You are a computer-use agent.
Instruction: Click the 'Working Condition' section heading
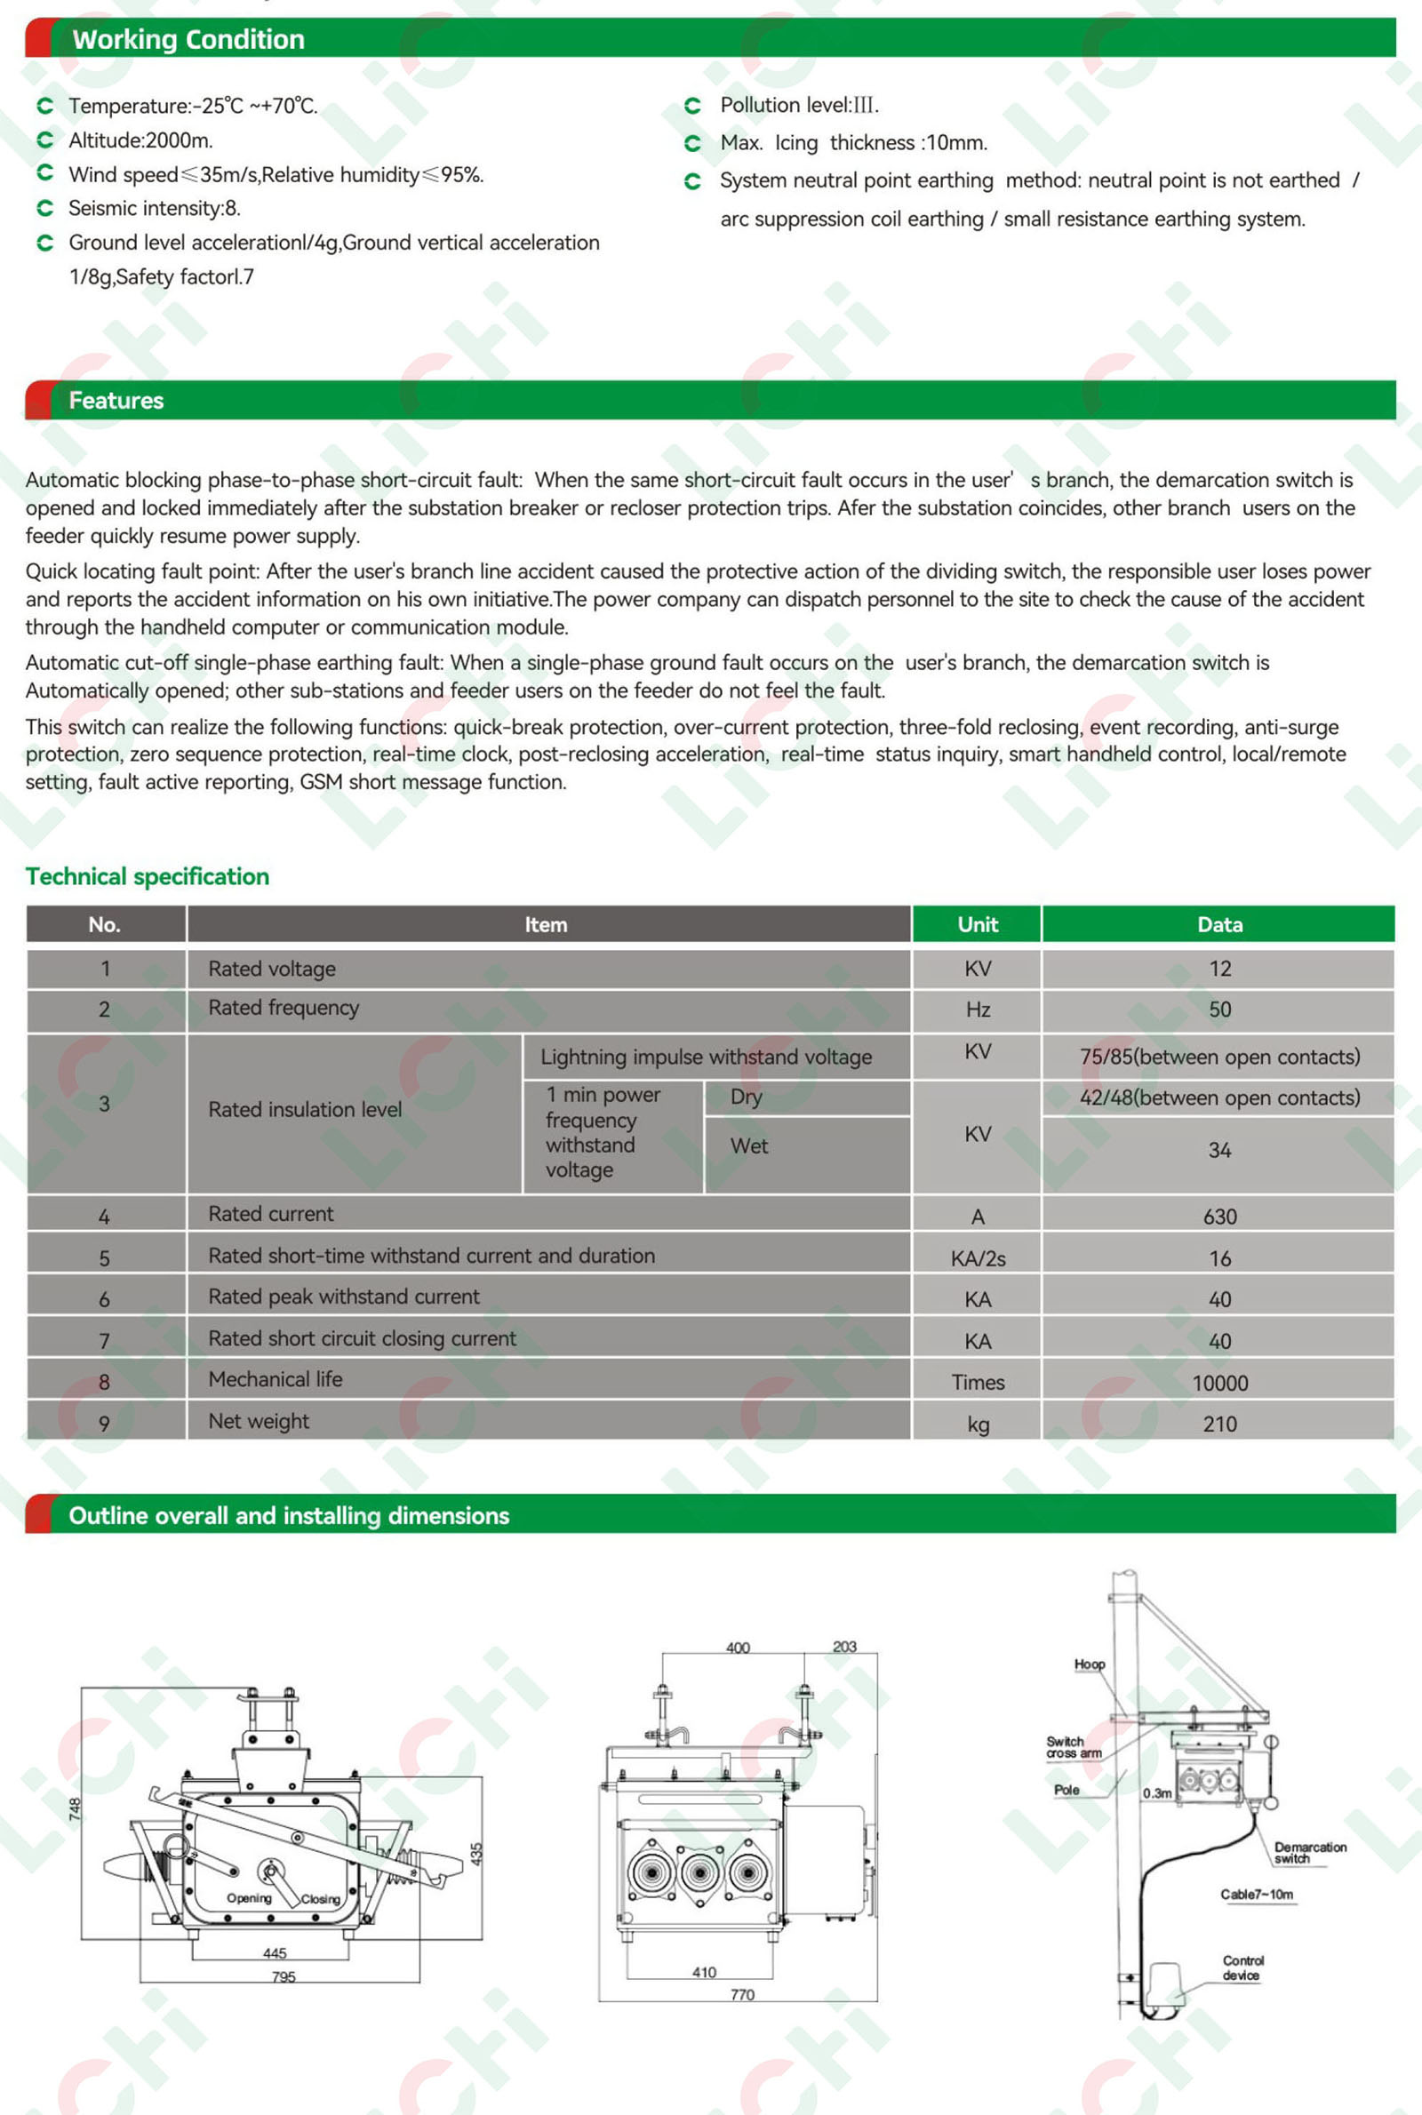(188, 39)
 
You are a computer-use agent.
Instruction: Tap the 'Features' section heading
(116, 401)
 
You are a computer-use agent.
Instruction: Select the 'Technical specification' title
(147, 876)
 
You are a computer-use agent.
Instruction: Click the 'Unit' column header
(977, 925)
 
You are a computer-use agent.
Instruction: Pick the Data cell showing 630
(1218, 1217)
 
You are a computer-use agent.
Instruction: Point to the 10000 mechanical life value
(1218, 1383)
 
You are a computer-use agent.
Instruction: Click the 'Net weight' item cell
(259, 1421)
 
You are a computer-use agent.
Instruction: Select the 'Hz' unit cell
(977, 1010)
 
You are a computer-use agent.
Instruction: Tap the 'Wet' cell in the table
(749, 1145)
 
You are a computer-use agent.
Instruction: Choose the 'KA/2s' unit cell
(977, 1258)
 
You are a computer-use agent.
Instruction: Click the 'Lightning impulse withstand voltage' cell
(706, 1057)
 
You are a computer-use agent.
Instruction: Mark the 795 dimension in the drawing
(284, 1976)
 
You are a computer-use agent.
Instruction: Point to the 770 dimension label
(742, 1994)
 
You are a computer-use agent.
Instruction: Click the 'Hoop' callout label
(1090, 1664)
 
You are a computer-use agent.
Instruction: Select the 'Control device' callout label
(1242, 1968)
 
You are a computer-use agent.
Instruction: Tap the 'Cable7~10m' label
(1256, 1894)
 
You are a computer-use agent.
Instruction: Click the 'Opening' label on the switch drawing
(249, 1897)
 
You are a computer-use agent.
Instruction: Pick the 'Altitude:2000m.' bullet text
(140, 140)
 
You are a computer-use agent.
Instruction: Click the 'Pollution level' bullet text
(799, 105)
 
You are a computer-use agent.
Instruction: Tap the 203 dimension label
(844, 1647)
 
